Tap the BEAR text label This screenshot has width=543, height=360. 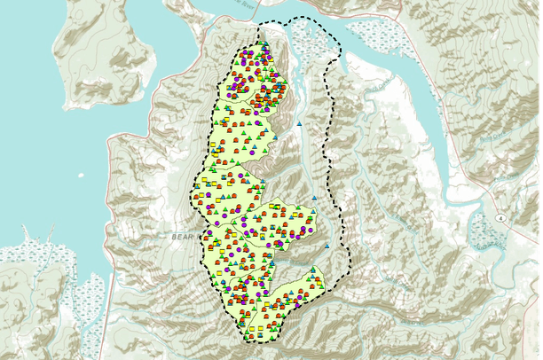point(185,238)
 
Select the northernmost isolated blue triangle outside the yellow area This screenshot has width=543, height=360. point(300,122)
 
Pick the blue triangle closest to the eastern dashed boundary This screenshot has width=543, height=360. point(327,245)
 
